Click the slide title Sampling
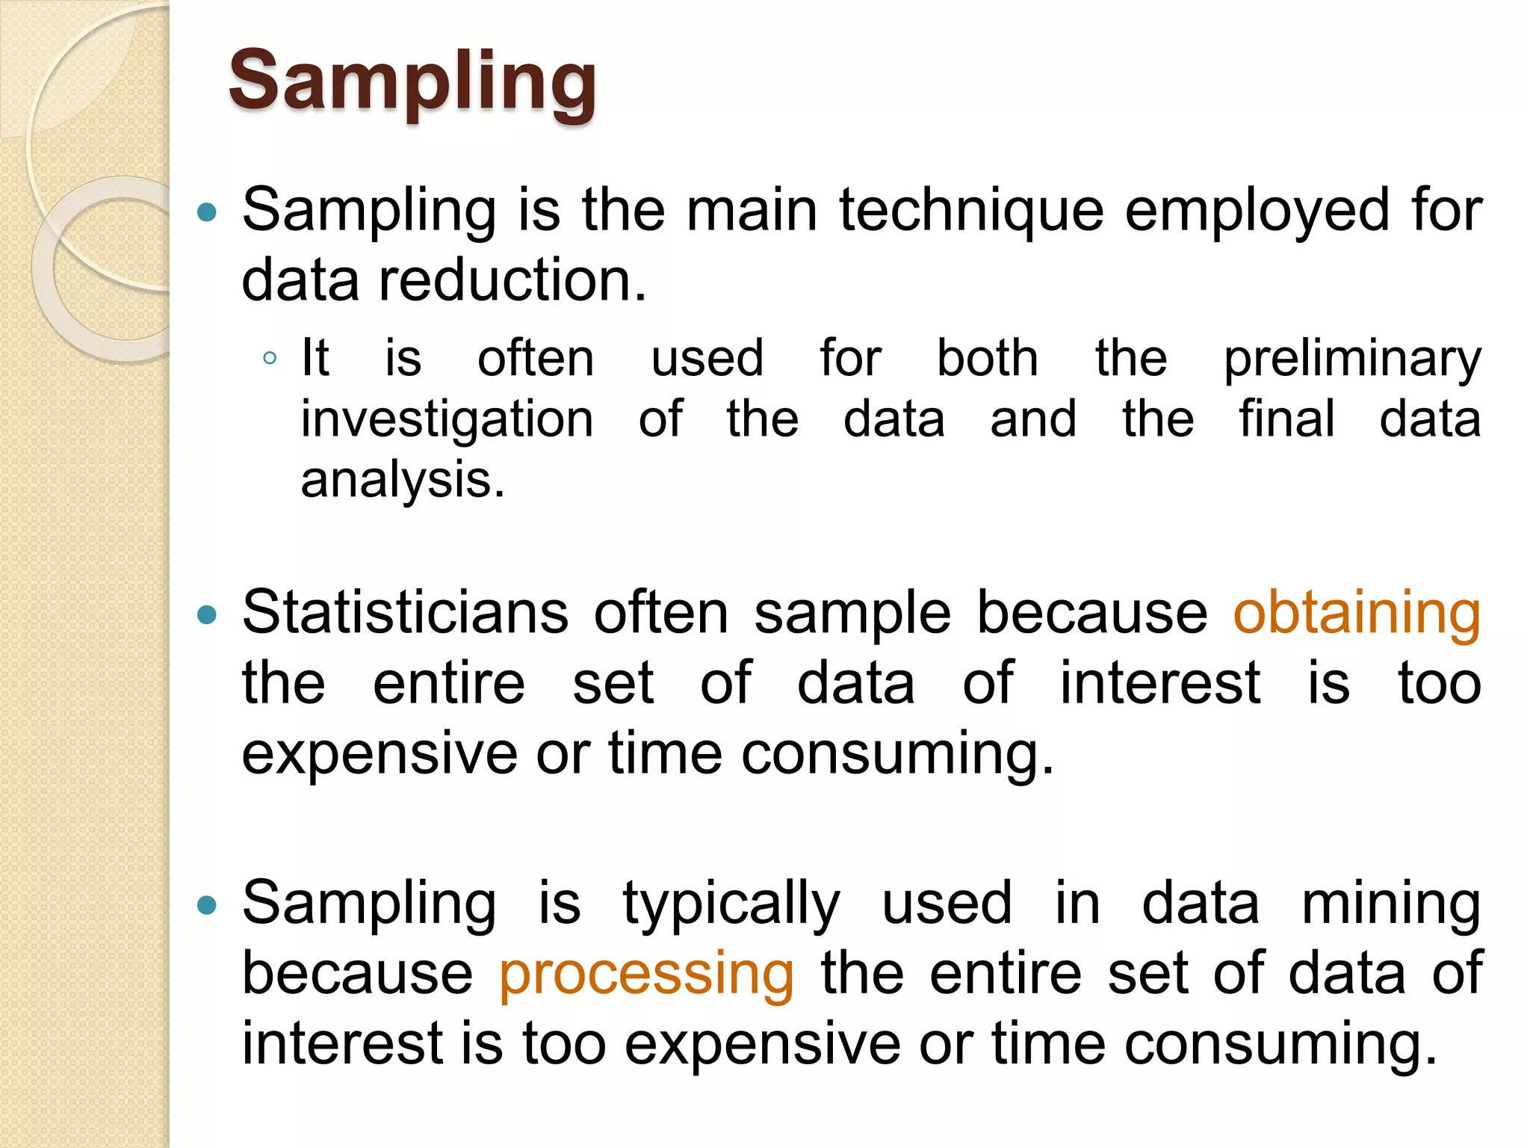click(412, 81)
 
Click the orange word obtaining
click(1356, 613)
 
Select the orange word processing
click(646, 973)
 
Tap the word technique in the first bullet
click(970, 211)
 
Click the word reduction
click(512, 280)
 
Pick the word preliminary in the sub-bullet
click(1352, 359)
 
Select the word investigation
click(447, 419)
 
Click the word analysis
click(403, 479)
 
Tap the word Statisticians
click(405, 613)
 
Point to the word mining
click(1391, 904)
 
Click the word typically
click(731, 904)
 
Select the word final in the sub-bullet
click(1286, 419)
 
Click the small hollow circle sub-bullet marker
click(270, 359)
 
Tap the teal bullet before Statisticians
click(206, 615)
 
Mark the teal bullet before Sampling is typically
click(206, 906)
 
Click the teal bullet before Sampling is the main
click(206, 213)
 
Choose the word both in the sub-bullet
click(988, 359)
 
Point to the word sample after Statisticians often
click(852, 613)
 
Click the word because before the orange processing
click(357, 973)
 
